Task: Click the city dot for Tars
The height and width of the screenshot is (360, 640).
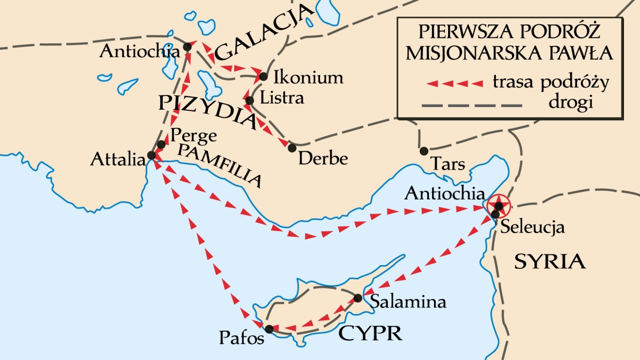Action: pos(424,151)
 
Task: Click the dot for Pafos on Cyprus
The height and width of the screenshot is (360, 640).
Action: pos(269,329)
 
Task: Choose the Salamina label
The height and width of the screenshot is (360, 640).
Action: pos(407,302)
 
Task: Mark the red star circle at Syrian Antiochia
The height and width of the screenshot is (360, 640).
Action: pos(498,205)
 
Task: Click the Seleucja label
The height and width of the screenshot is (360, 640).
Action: pos(532,228)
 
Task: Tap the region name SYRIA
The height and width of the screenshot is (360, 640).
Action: pos(549,262)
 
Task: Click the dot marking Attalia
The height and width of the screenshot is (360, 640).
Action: pos(151,155)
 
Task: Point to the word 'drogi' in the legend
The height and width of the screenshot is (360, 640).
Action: pos(570,103)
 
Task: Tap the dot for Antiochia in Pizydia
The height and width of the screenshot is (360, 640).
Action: pos(187,47)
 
